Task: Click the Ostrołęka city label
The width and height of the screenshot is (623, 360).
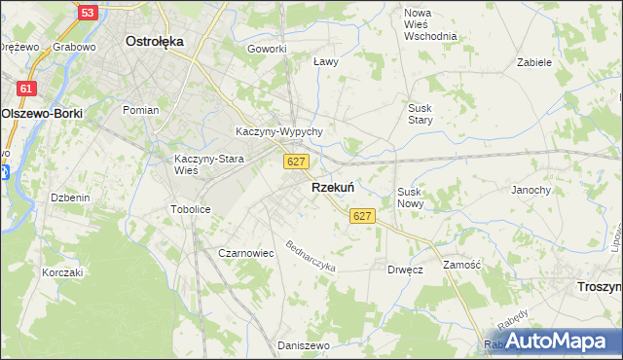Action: tap(156, 42)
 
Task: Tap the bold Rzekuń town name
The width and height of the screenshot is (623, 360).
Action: tap(332, 187)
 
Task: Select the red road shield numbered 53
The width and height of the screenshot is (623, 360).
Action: tap(88, 13)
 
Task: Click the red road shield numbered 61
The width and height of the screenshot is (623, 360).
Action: tap(27, 89)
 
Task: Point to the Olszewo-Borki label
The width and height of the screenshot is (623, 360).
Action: tap(42, 113)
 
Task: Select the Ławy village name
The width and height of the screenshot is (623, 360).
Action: tap(326, 61)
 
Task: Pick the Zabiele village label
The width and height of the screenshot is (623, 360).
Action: tap(534, 61)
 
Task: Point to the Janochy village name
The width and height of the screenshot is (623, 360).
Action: tap(531, 190)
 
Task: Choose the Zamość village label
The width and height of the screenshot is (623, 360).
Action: tap(461, 264)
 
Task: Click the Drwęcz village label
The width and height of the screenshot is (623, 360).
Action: tap(404, 270)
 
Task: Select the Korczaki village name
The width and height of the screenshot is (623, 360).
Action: tap(62, 272)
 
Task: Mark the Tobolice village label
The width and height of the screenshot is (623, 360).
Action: tap(190, 209)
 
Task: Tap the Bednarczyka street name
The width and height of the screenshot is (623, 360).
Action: tap(311, 256)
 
